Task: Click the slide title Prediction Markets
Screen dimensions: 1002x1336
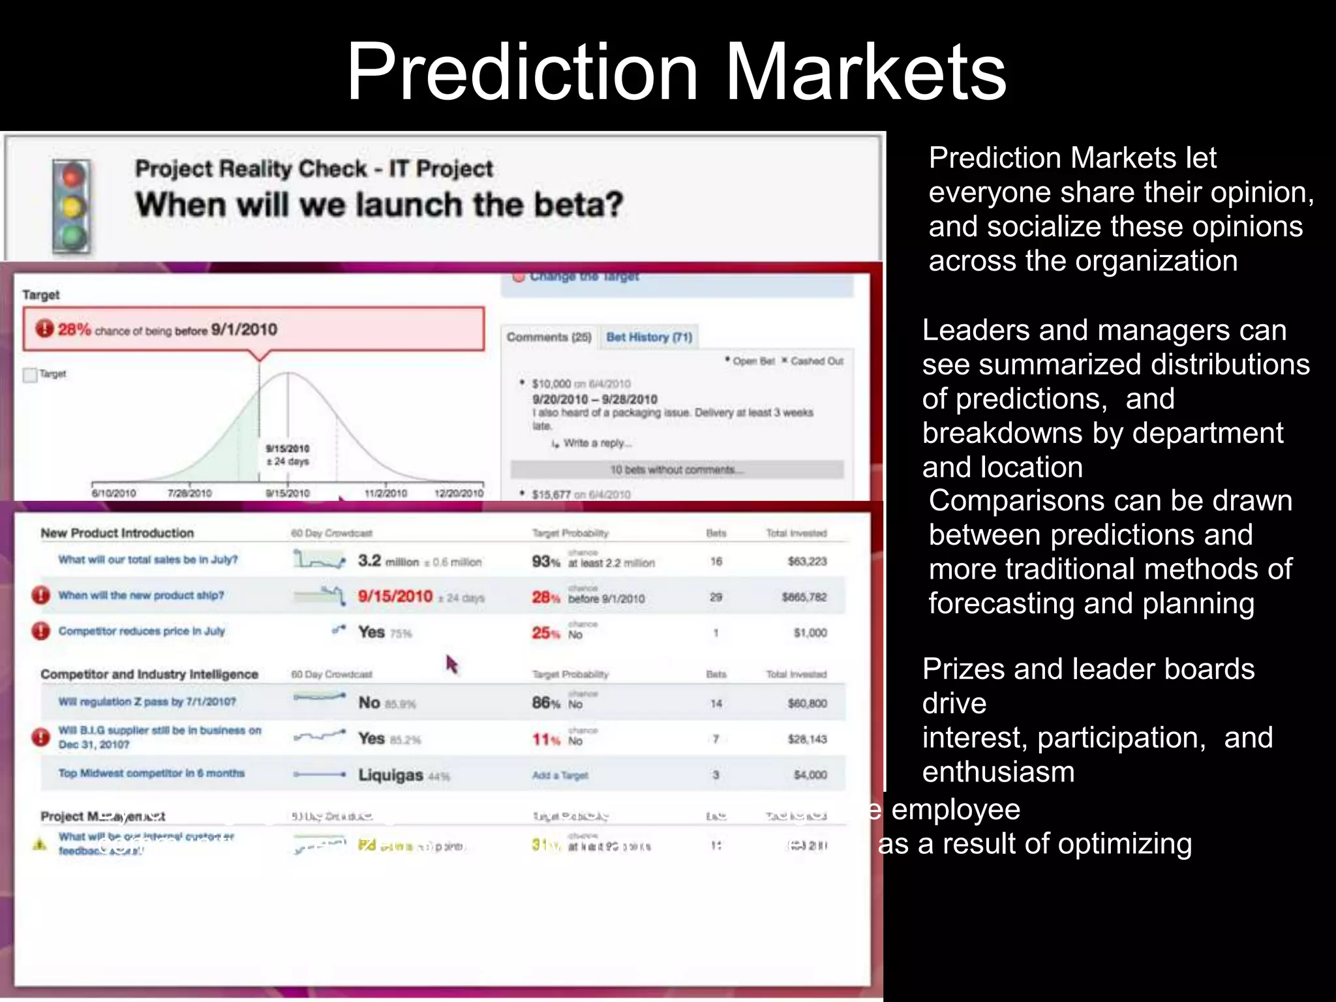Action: coord(676,72)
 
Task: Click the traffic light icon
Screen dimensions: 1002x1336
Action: coord(72,206)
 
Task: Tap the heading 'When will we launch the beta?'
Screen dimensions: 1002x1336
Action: coord(379,205)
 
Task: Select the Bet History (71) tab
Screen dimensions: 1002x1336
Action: coord(649,337)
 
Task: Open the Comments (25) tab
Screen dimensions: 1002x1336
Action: coord(549,337)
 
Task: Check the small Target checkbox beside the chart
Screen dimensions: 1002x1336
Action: coord(29,375)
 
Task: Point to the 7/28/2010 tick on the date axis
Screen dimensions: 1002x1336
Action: coord(189,493)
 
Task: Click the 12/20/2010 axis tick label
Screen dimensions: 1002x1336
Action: coord(459,493)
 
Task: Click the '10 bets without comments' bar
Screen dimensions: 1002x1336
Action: coord(676,470)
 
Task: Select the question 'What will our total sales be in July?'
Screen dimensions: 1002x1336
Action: coord(148,560)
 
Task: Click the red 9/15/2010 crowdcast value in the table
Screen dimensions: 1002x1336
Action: coord(395,596)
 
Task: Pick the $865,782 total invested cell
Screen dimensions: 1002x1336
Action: coord(804,597)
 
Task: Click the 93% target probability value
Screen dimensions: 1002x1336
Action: coord(545,562)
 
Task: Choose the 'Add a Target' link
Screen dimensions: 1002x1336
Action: coord(560,776)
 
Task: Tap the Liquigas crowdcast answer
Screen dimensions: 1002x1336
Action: coord(391,775)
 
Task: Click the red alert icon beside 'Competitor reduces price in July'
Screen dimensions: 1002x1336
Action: coord(41,631)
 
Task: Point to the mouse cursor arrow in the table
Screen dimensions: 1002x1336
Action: coord(451,664)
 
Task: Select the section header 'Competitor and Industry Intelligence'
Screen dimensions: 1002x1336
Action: coord(149,675)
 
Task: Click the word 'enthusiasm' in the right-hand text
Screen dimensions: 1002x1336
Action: coord(998,772)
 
